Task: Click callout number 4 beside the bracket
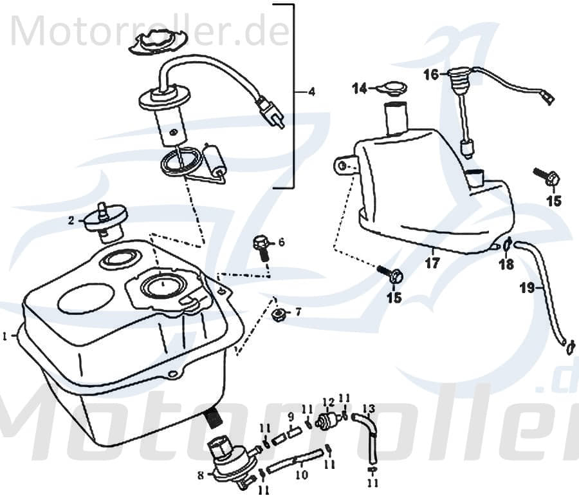tap(311, 92)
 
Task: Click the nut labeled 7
tap(279, 314)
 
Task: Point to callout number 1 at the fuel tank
tap(5, 336)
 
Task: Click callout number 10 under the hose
tap(301, 476)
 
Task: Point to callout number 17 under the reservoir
tap(432, 263)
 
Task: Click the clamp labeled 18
tap(506, 244)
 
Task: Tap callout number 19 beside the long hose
tap(527, 289)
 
